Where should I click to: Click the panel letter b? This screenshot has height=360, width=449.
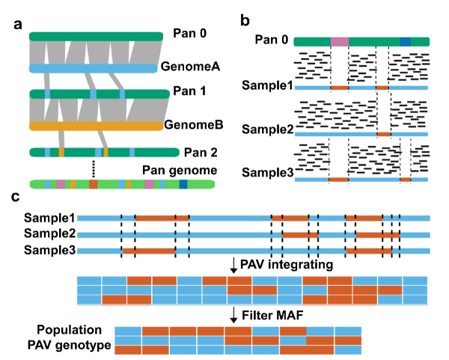[x=244, y=22]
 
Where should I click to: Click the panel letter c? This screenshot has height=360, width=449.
[x=16, y=197]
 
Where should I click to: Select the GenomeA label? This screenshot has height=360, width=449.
[x=189, y=68]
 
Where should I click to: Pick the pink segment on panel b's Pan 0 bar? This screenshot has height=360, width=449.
[x=339, y=42]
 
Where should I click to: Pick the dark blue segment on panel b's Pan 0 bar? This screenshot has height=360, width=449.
[x=405, y=42]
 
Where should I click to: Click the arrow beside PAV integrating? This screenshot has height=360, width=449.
[x=233, y=264]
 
